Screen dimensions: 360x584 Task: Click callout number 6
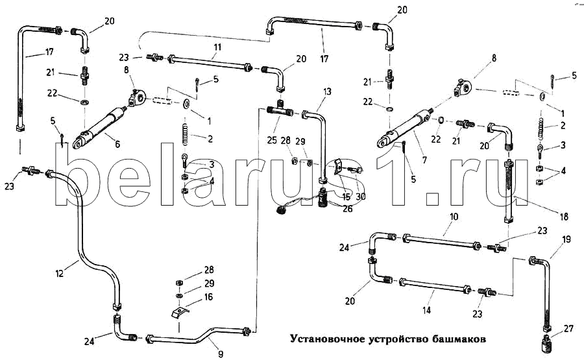117,145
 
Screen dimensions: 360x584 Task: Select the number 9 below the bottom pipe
220,353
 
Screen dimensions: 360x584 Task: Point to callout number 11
217,47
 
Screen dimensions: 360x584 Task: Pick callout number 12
60,274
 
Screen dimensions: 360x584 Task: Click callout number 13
327,91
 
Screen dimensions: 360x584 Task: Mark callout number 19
566,240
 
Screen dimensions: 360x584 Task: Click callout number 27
568,328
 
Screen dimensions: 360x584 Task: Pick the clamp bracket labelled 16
179,312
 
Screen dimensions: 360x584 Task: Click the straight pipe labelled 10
441,241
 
